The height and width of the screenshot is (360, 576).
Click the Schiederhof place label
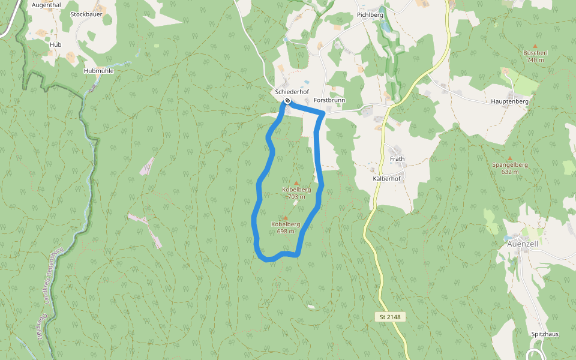287,92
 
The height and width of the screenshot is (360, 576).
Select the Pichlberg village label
370,14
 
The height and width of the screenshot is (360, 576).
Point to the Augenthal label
46,4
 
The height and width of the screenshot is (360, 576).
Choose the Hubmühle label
98,70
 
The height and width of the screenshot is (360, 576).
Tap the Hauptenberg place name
509,102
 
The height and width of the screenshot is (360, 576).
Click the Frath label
397,159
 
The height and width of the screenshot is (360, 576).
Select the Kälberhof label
386,179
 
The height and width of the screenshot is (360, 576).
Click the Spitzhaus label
545,334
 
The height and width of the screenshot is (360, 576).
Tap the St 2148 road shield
390,316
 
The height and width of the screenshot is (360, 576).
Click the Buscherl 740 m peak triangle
535,45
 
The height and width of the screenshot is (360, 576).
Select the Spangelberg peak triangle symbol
509,158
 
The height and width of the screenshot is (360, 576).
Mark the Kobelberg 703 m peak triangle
296,182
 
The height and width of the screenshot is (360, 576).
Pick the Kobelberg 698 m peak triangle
285,218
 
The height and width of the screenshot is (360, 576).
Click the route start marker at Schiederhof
287,100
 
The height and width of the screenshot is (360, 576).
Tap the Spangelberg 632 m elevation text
509,172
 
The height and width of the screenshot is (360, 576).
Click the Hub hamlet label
56,44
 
